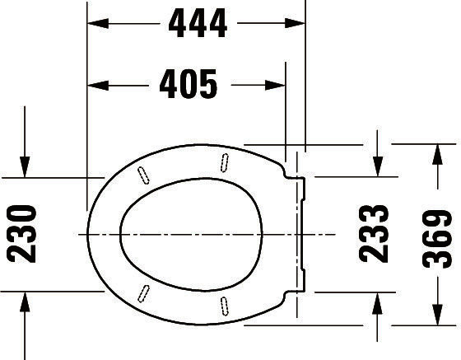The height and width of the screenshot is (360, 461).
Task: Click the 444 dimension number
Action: tap(198, 23)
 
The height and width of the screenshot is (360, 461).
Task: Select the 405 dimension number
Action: tap(189, 84)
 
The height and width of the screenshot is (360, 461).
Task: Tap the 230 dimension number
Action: tap(21, 234)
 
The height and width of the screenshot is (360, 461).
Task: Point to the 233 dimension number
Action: tap(374, 234)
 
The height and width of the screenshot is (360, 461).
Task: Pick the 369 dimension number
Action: tap(437, 239)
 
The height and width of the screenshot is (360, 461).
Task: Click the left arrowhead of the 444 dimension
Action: tap(98, 23)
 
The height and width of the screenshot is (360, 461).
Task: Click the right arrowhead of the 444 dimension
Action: tap(295, 23)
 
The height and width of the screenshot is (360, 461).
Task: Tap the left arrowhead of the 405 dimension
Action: tap(98, 86)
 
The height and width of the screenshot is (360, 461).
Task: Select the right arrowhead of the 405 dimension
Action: tap(275, 86)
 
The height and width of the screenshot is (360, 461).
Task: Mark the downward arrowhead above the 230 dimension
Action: tap(25, 167)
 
